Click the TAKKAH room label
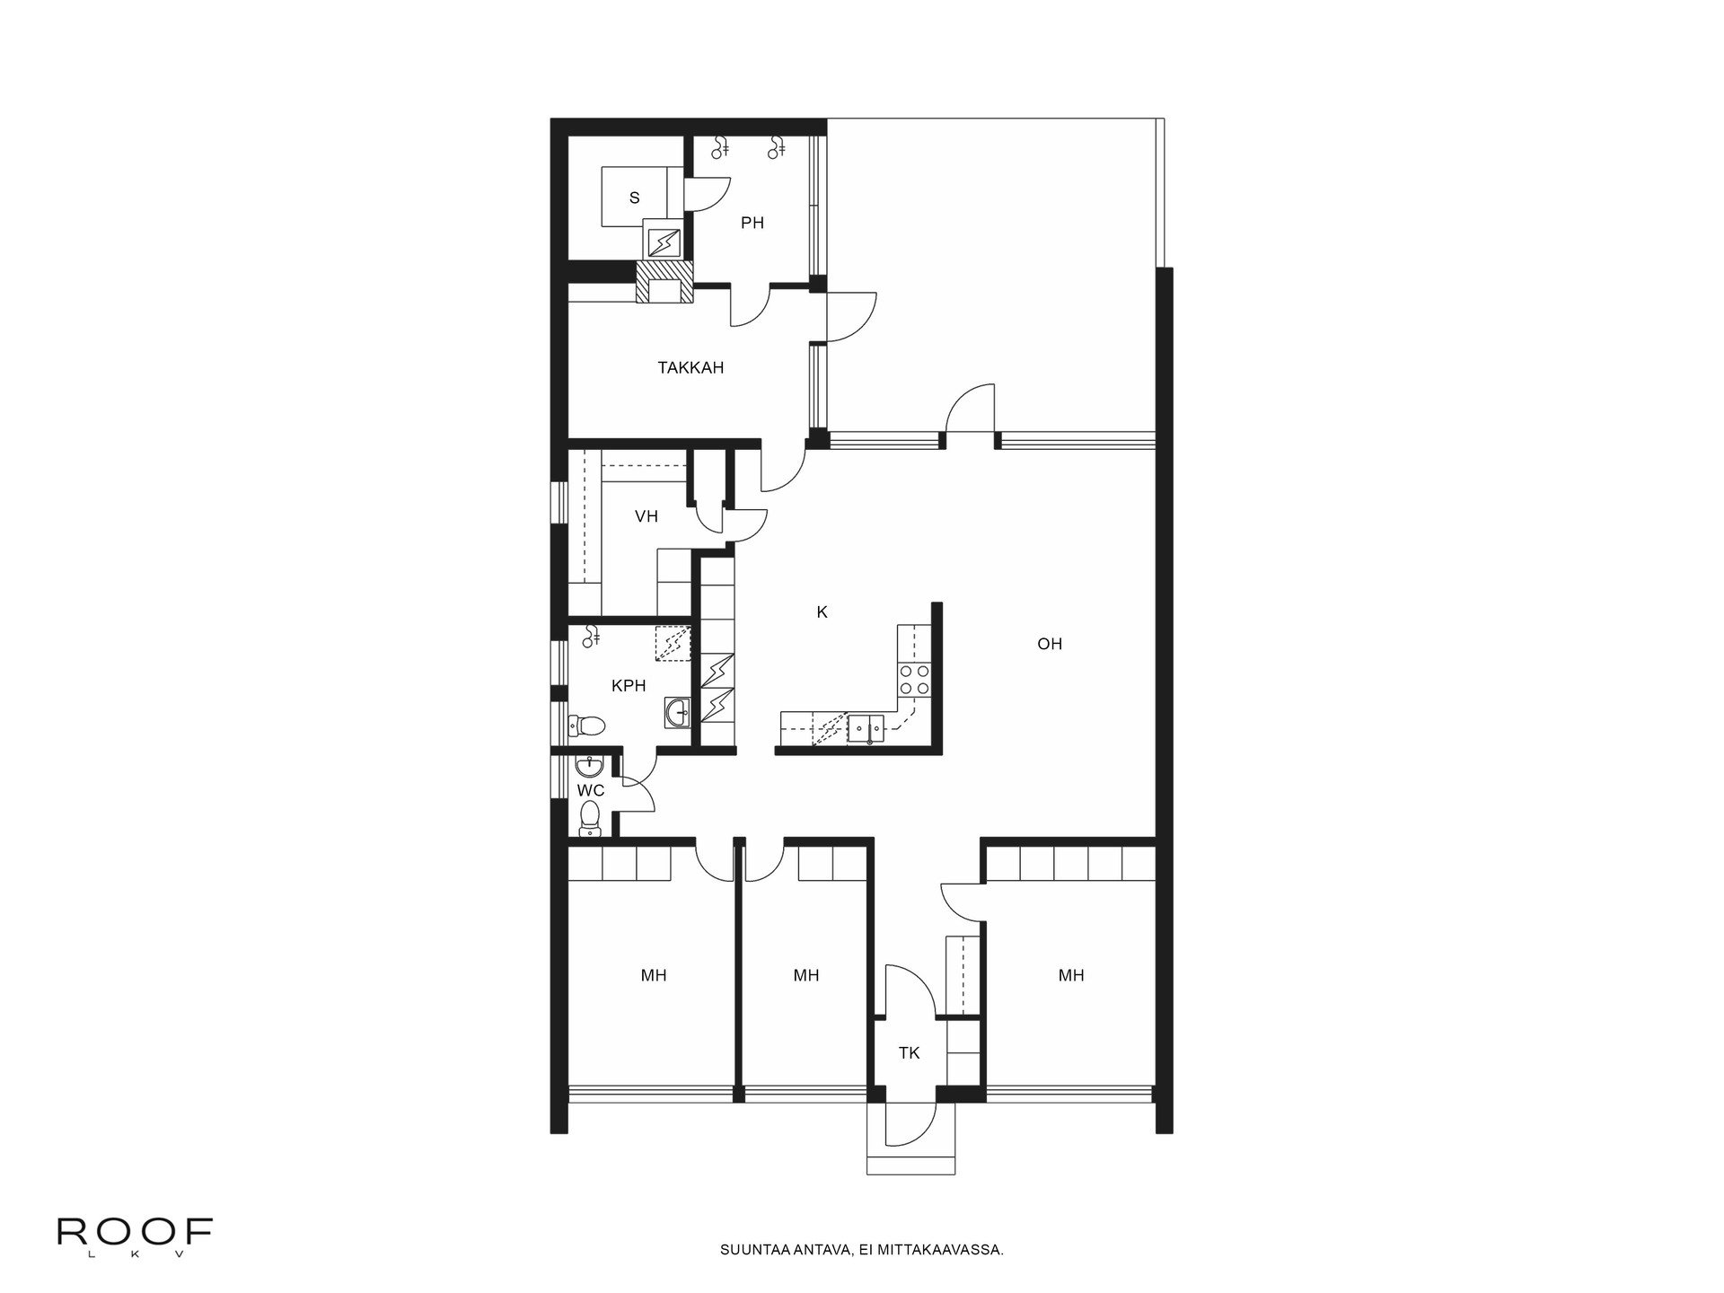click(690, 367)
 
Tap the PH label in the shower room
click(752, 223)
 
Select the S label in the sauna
click(635, 198)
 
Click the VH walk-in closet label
click(646, 516)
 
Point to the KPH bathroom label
click(629, 686)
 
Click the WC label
click(590, 790)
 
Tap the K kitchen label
click(822, 612)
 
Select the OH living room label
click(1049, 644)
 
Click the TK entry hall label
click(909, 1053)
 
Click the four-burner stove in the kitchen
click(914, 680)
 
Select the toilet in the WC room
click(590, 817)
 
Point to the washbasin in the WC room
click(589, 767)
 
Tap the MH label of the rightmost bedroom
click(1070, 975)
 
